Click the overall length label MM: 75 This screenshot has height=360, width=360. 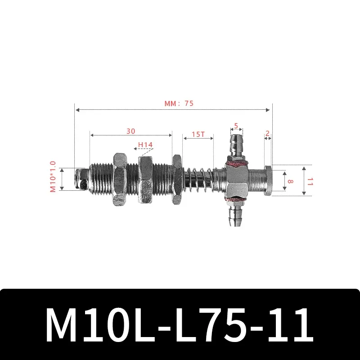click(x=179, y=103)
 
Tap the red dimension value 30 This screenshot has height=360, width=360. click(x=130, y=131)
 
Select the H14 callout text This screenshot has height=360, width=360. click(x=145, y=145)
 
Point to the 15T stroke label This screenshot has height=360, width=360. click(x=198, y=135)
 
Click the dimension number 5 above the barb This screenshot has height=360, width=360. click(x=236, y=126)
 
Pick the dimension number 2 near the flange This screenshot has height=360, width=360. click(x=267, y=133)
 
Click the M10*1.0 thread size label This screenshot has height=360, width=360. click(x=53, y=177)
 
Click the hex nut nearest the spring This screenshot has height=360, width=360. click(x=177, y=179)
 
